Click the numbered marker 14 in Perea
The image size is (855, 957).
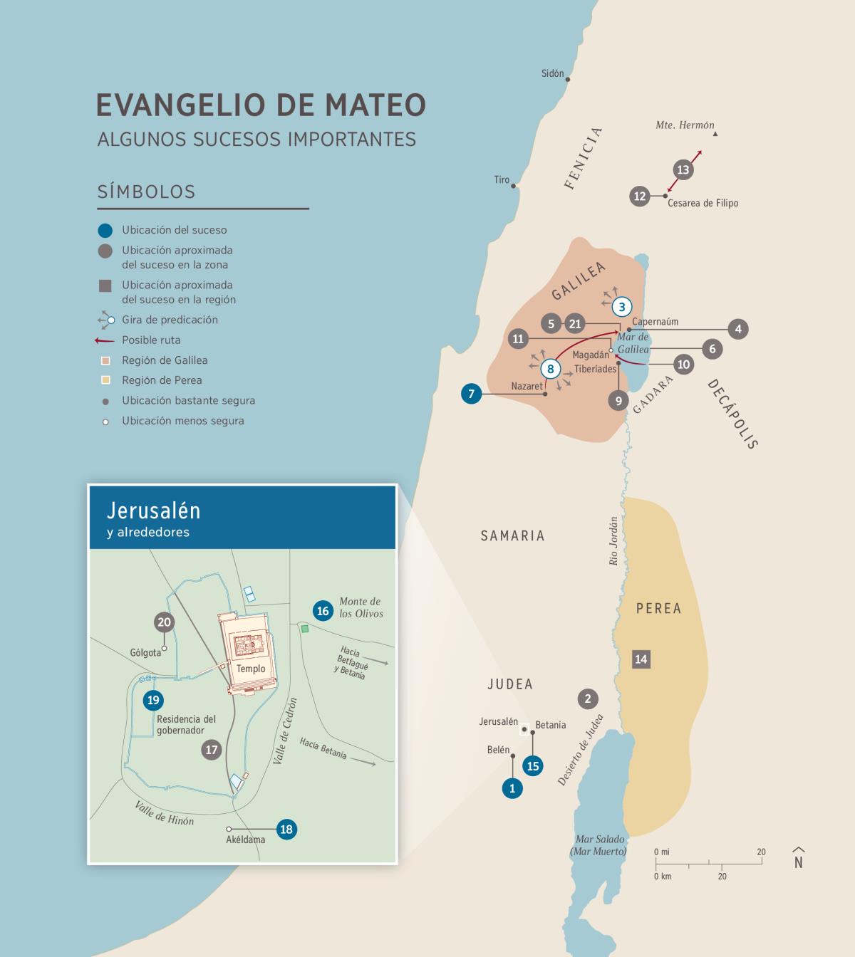pos(641,659)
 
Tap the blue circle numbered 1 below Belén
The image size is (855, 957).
pos(512,788)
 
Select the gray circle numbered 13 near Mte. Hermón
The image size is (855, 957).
pos(683,169)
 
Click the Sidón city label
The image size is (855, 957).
pos(552,73)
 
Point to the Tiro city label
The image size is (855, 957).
pos(502,180)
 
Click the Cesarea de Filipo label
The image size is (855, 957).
pos(703,203)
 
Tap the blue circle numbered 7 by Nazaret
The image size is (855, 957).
pos(471,393)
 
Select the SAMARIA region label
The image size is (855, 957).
pos(512,535)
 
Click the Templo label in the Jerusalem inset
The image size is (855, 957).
pos(251,669)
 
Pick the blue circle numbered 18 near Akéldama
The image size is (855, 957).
pos(286,829)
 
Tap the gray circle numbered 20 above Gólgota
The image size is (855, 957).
pos(165,622)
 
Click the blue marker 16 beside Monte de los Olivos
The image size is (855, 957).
pos(323,611)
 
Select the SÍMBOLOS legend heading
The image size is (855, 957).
pos(146,192)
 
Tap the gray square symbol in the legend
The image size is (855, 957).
pos(105,286)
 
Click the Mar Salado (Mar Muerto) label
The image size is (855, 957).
pos(598,845)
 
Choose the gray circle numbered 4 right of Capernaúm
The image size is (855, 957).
pos(738,329)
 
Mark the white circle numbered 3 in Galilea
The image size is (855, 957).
pos(622,307)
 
